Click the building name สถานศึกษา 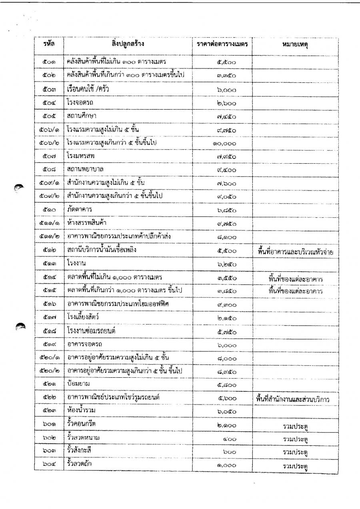[x=82, y=116]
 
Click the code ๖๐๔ [x=50, y=466]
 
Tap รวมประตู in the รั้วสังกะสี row [x=295, y=452]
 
